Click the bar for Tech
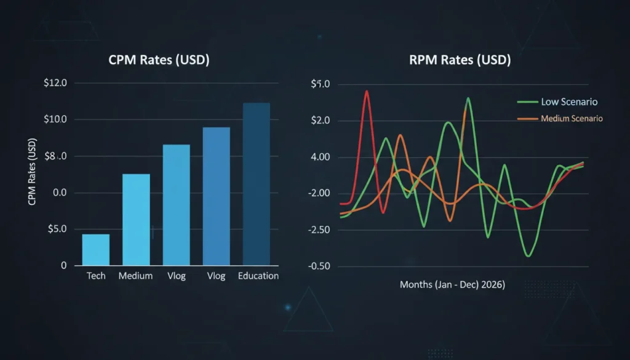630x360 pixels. pyautogui.click(x=95, y=250)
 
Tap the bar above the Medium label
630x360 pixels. pyautogui.click(x=136, y=219)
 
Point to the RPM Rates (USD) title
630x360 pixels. pyautogui.click(x=460, y=61)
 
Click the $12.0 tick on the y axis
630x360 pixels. pyautogui.click(x=60, y=83)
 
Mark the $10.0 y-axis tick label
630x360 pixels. pyautogui.click(x=60, y=119)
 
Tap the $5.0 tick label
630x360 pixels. pyautogui.click(x=60, y=230)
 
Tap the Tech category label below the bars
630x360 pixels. pyautogui.click(x=95, y=276)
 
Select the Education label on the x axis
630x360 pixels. pyautogui.click(x=258, y=276)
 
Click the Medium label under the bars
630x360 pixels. pyautogui.click(x=135, y=276)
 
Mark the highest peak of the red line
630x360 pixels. pyautogui.click(x=367, y=91)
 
